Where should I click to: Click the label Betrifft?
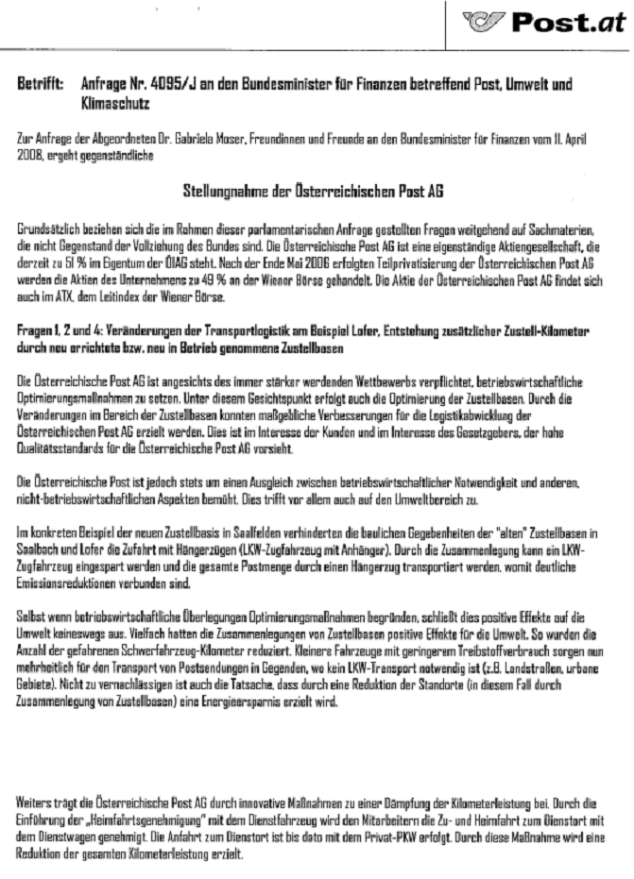40,85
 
